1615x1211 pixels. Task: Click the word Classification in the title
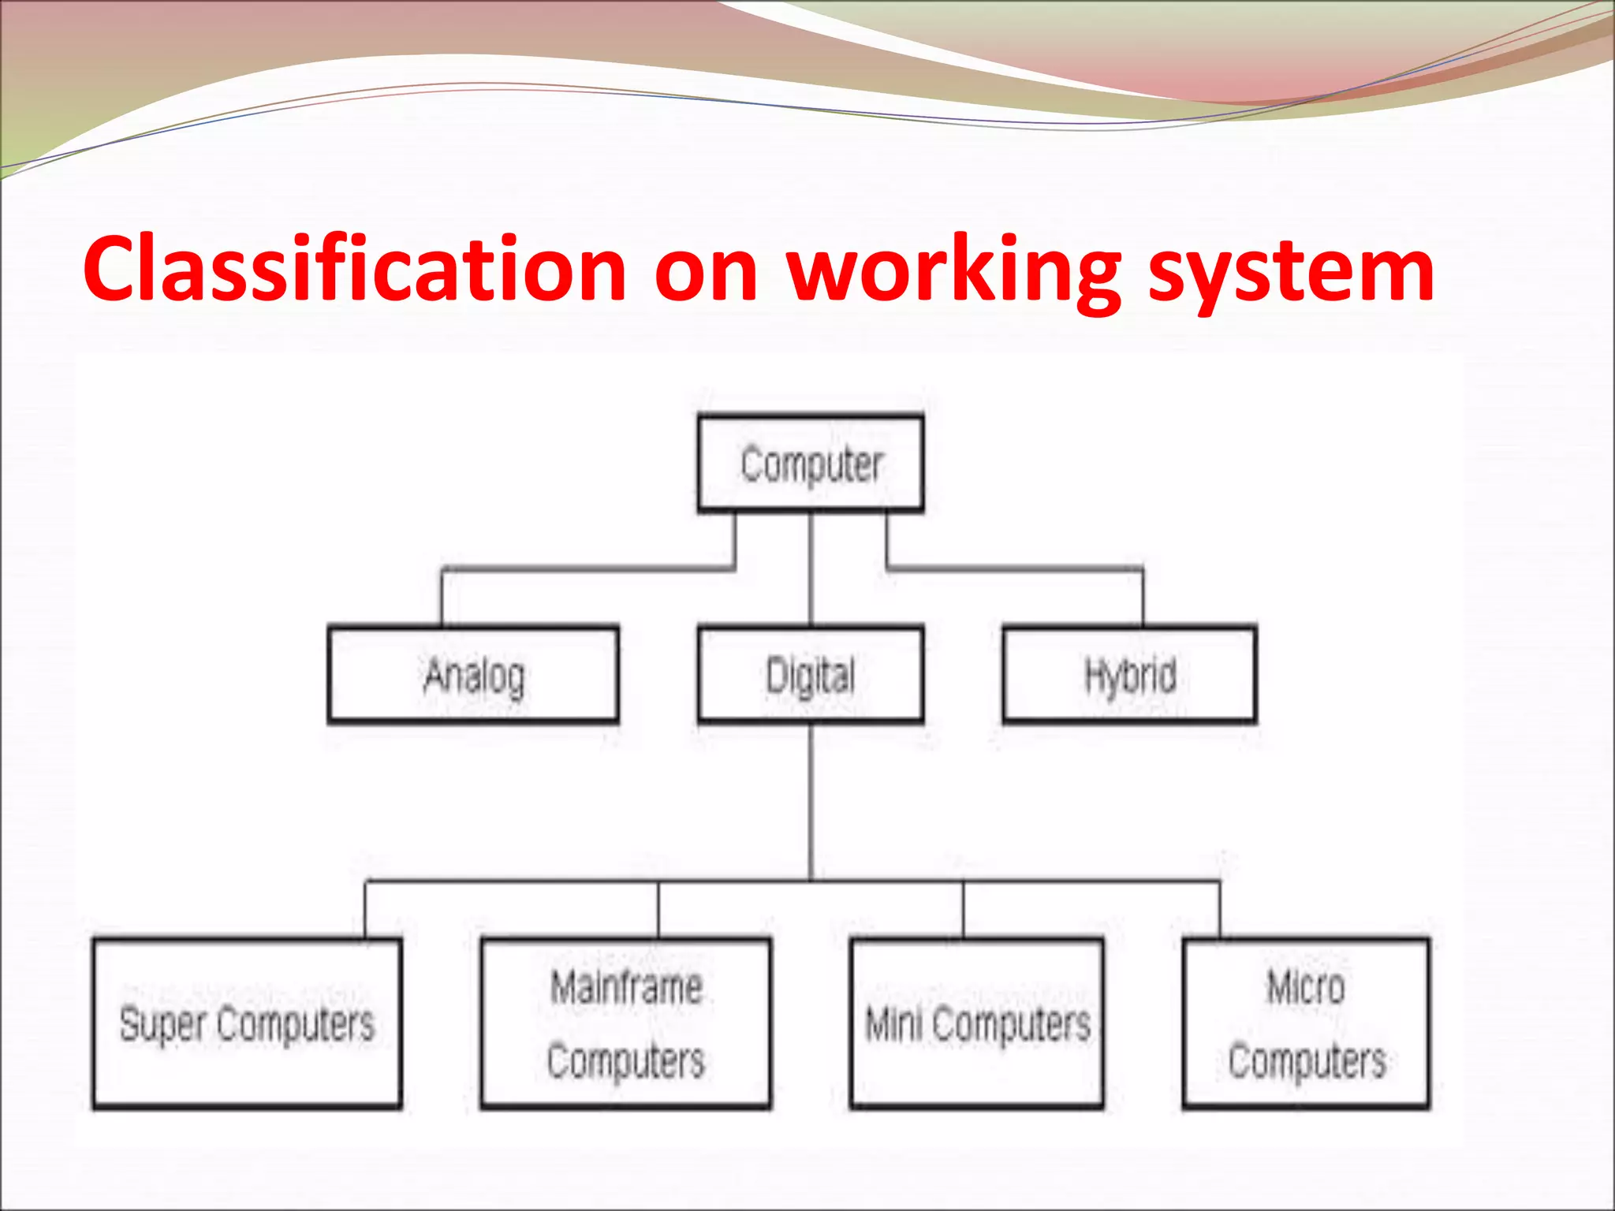[355, 270]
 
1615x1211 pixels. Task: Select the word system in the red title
[1291, 270]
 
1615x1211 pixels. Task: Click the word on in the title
[706, 270]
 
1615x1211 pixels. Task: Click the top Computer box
[811, 464]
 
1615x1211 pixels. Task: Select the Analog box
[473, 675]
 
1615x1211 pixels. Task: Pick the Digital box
[811, 675]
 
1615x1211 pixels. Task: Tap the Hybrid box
[1129, 675]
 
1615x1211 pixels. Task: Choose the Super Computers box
[247, 1023]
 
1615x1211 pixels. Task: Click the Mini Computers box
[976, 1023]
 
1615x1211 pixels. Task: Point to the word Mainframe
[626, 987]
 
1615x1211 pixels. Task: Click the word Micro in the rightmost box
[1305, 987]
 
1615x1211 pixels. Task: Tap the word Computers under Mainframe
[626, 1060]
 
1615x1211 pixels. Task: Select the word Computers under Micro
[1307, 1060]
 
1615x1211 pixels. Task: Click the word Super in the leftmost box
[162, 1024]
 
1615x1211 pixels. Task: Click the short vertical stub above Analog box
[442, 598]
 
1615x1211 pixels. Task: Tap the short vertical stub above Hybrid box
[1143, 598]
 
